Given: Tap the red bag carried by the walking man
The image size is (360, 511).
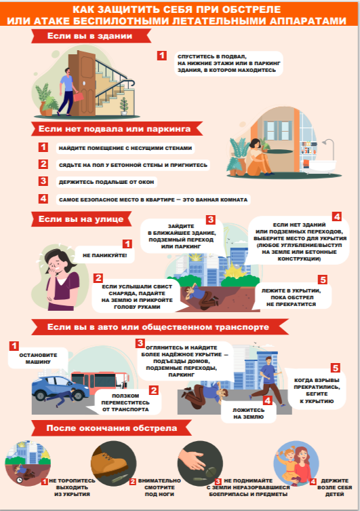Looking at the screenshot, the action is [x=79, y=97].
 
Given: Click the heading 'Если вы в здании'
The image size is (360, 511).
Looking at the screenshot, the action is [x=90, y=36].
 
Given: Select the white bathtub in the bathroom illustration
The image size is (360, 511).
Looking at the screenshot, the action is [x=321, y=166].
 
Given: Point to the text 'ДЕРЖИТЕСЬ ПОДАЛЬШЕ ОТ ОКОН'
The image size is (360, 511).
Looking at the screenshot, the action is [x=106, y=182].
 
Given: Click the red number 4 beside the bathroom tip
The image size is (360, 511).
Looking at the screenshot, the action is [x=43, y=198].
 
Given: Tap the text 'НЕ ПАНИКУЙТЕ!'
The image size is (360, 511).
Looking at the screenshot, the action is [x=105, y=255].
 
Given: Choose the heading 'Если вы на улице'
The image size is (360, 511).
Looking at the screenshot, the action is [x=81, y=219].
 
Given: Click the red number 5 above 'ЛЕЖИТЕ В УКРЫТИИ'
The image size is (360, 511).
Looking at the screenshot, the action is [x=323, y=280].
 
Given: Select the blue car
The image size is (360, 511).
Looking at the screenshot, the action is [x=60, y=387].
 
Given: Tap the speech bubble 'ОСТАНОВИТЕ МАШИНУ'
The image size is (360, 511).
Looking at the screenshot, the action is [x=38, y=358].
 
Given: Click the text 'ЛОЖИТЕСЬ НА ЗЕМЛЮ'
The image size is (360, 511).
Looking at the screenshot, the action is [x=248, y=413].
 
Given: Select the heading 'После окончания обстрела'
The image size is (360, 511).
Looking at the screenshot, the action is [x=112, y=428].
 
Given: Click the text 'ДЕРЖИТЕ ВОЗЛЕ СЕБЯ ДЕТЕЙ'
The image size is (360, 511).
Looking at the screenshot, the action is [x=335, y=487].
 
